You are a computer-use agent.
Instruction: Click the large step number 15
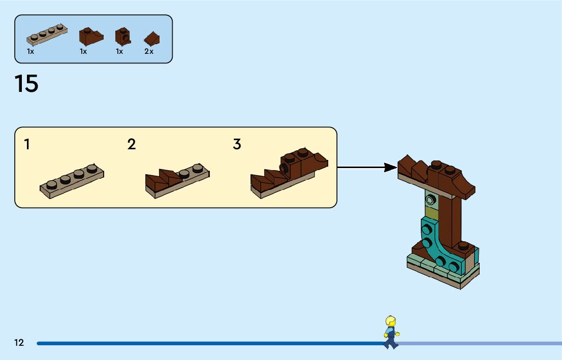(26, 84)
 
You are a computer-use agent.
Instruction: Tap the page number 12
(19, 343)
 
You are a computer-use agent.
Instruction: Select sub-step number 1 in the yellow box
(27, 145)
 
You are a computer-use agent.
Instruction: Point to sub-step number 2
(132, 145)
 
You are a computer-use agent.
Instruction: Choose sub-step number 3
(237, 145)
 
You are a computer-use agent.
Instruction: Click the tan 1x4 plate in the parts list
(47, 35)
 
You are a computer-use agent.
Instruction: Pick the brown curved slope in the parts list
(90, 36)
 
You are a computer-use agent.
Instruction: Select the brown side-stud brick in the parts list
(123, 36)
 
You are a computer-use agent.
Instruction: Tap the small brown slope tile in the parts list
(151, 39)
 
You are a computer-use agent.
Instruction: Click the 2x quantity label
(148, 52)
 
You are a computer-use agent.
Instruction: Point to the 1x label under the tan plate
(30, 52)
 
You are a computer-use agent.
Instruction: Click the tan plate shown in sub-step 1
(72, 180)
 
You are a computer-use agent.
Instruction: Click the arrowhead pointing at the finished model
(391, 167)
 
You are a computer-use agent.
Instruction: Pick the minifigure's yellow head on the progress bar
(391, 322)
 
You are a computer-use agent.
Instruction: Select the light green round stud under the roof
(431, 199)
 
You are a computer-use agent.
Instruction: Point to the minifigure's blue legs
(391, 341)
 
